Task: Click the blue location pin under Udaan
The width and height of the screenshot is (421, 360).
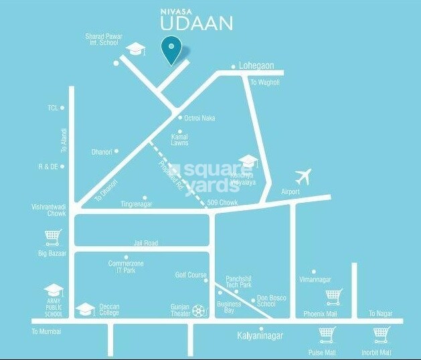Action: pos(172,51)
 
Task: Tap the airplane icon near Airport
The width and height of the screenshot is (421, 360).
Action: pos(303,177)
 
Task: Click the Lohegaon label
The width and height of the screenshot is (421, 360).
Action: pos(257,66)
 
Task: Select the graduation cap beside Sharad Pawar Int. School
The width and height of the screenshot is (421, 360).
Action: pos(137,48)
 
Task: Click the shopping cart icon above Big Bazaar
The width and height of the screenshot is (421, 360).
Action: pos(53,236)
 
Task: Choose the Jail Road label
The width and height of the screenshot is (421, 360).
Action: pos(146,243)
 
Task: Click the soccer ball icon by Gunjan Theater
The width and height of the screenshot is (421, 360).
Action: pos(198,310)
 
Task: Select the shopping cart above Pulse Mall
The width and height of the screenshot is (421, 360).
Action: pos(327,333)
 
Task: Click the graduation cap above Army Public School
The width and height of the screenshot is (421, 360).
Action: pos(53,291)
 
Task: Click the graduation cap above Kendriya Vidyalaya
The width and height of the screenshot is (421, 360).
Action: pos(249,161)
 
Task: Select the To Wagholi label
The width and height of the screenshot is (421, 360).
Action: pos(264,82)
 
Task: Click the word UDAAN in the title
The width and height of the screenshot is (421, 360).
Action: pos(198,23)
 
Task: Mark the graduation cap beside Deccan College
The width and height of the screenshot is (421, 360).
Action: pos(86,309)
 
